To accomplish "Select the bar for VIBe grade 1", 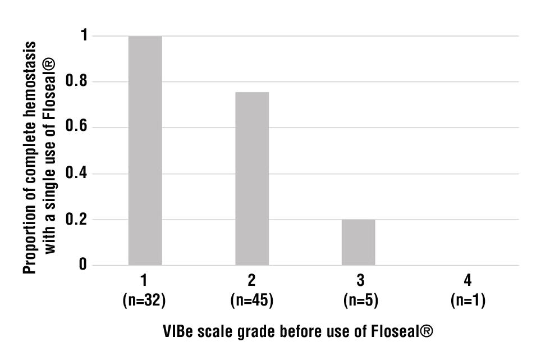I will click(145, 151).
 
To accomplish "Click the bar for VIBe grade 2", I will click(251, 179).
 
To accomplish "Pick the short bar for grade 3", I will click(358, 242).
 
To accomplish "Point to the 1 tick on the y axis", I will click(82, 36).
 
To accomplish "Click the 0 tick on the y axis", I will click(82, 265).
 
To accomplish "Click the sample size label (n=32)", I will click(144, 300).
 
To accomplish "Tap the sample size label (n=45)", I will click(251, 300).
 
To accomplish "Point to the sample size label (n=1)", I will click(467, 300).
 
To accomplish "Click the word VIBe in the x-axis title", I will click(178, 331).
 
